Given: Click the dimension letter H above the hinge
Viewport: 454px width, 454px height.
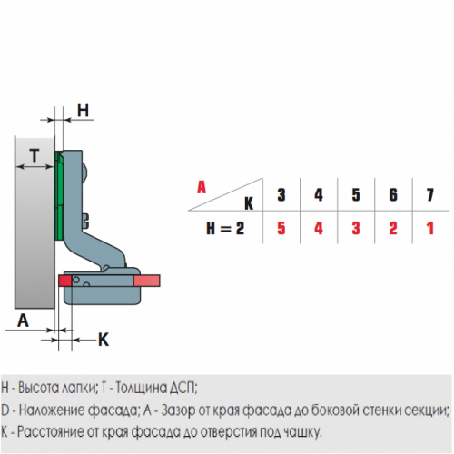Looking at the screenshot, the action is coord(83,110).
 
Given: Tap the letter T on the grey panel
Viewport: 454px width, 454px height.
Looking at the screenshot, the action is coord(35,155).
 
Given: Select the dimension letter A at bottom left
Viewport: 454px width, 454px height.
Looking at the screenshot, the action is coord(23,321).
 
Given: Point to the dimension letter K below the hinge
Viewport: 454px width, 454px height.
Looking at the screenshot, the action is coord(104,340).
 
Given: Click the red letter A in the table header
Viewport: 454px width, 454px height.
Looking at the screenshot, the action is coord(202,187).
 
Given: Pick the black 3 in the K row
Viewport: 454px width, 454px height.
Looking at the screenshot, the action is coord(281,195).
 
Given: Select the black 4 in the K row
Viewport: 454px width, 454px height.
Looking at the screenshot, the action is coord(319,195).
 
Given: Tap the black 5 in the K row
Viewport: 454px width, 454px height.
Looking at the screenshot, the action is coord(356,195).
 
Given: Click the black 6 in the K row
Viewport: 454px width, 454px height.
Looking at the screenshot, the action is coord(393,195).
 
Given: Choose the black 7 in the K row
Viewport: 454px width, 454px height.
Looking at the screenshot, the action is coord(430,195).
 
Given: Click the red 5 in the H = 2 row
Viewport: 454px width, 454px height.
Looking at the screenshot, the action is coord(281,228).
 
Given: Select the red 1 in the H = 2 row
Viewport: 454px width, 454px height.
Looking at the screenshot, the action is coord(430,228).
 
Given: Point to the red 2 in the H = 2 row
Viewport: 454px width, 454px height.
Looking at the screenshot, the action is coord(393,228).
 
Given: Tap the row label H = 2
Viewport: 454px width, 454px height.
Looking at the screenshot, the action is coord(225,228).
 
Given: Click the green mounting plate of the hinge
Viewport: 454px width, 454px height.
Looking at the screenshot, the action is coord(59,195).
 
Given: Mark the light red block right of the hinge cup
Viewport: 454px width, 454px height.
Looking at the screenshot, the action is coord(147,281).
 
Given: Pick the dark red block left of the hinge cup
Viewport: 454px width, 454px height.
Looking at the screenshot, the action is coord(65,281).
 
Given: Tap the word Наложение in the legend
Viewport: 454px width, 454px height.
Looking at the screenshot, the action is coord(52,410).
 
